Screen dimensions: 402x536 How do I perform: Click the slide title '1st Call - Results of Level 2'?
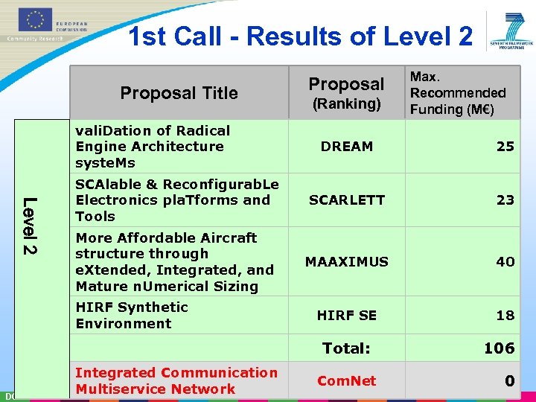[300, 36]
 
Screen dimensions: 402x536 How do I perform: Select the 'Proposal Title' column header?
[179, 93]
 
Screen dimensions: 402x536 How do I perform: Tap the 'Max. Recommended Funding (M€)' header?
[458, 93]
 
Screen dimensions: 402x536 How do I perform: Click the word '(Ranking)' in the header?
[346, 104]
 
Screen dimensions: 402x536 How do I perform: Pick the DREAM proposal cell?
[346, 147]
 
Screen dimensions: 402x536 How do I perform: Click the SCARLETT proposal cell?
[347, 200]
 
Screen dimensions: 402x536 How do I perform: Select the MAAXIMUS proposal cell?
[347, 262]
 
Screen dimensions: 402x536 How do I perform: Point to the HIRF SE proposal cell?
[347, 316]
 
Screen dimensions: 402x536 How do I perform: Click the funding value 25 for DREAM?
[505, 147]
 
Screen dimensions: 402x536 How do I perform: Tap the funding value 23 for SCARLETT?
[505, 200]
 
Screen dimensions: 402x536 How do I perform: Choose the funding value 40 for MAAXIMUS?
[505, 262]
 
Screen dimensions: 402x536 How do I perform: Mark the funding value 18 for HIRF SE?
[505, 316]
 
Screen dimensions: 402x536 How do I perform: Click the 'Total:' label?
[346, 348]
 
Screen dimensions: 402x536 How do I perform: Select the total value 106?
[499, 348]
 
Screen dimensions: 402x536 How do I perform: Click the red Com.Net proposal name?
[347, 381]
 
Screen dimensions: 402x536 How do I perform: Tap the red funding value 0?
[509, 381]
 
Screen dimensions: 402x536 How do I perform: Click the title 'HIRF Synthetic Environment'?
[132, 316]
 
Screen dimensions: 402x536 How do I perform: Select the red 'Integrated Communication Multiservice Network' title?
[176, 381]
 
